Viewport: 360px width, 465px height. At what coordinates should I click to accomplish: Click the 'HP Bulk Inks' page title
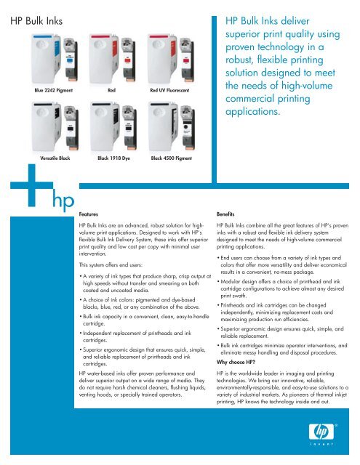click(x=36, y=21)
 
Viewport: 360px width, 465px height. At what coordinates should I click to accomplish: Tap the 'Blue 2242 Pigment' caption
click(x=53, y=90)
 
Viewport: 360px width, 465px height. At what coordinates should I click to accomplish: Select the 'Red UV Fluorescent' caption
click(x=169, y=90)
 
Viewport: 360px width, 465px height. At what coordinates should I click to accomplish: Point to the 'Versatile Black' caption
click(x=55, y=158)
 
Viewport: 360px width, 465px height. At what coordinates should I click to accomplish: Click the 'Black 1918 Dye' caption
click(x=113, y=158)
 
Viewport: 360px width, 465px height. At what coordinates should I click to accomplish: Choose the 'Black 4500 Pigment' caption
click(x=171, y=158)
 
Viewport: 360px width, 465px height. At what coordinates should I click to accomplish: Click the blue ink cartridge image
click(x=55, y=59)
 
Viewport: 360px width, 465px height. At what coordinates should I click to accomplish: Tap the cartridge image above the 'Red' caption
click(x=113, y=59)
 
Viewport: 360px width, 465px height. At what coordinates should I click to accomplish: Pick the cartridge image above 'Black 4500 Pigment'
click(x=172, y=126)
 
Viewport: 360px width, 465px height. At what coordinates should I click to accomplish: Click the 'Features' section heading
click(x=89, y=214)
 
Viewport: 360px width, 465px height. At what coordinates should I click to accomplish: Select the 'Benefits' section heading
click(x=225, y=214)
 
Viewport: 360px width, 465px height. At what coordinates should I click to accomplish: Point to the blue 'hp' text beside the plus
click(x=63, y=201)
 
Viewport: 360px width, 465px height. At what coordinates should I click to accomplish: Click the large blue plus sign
click(x=32, y=185)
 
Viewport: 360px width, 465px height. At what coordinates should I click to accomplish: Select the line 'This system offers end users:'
click(x=111, y=264)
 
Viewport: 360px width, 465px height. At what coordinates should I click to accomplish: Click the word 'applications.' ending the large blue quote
click(x=252, y=112)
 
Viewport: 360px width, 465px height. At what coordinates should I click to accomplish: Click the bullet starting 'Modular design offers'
click(x=281, y=288)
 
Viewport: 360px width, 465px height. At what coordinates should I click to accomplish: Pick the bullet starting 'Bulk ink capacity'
click(x=145, y=320)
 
